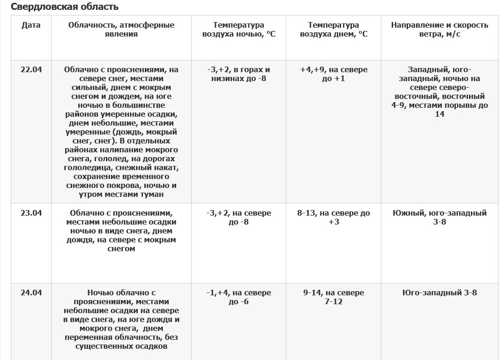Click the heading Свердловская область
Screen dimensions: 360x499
click(x=65, y=7)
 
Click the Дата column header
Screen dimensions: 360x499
click(x=31, y=25)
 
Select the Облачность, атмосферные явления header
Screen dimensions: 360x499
click(x=121, y=30)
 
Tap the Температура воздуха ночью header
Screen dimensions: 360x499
click(x=238, y=30)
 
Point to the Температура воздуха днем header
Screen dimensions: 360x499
click(x=333, y=30)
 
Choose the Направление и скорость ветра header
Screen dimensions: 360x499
click(x=439, y=30)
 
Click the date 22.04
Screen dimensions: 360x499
click(x=31, y=69)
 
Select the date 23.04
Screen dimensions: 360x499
click(x=31, y=213)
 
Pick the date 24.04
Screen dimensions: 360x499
click(x=31, y=292)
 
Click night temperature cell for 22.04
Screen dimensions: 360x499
click(x=238, y=74)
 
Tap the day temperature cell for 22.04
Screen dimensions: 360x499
click(x=333, y=74)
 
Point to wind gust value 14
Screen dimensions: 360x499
click(x=439, y=114)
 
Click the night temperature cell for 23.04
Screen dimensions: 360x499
click(x=238, y=217)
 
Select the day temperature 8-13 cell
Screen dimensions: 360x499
click(x=333, y=217)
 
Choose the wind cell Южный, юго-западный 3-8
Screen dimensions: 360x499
click(x=439, y=217)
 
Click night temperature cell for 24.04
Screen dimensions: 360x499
click(x=238, y=297)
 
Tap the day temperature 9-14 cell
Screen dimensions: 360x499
click(x=333, y=297)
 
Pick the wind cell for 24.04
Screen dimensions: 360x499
click(x=439, y=292)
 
